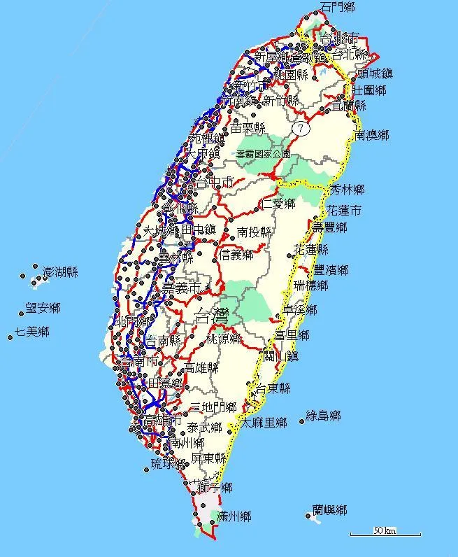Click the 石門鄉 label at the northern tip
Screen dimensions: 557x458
tap(338, 7)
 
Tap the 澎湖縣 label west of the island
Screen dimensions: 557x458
tap(60, 272)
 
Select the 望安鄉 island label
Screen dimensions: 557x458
tap(43, 307)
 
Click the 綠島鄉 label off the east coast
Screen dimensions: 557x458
tap(323, 416)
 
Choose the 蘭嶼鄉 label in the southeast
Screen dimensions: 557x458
tap(330, 510)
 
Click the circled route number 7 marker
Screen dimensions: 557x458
tap(300, 129)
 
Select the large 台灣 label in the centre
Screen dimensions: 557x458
tap(213, 315)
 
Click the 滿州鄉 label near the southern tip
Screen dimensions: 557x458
tap(234, 517)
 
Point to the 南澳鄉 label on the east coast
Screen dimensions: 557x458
tap(372, 134)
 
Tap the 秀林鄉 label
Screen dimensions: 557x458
tap(348, 190)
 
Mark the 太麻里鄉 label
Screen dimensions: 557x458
tap(264, 423)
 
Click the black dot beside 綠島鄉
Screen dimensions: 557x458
tap(302, 421)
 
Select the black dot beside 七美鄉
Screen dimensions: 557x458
tap(10, 337)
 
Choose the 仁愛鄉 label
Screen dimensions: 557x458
tap(278, 204)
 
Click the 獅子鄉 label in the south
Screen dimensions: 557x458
tap(215, 487)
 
